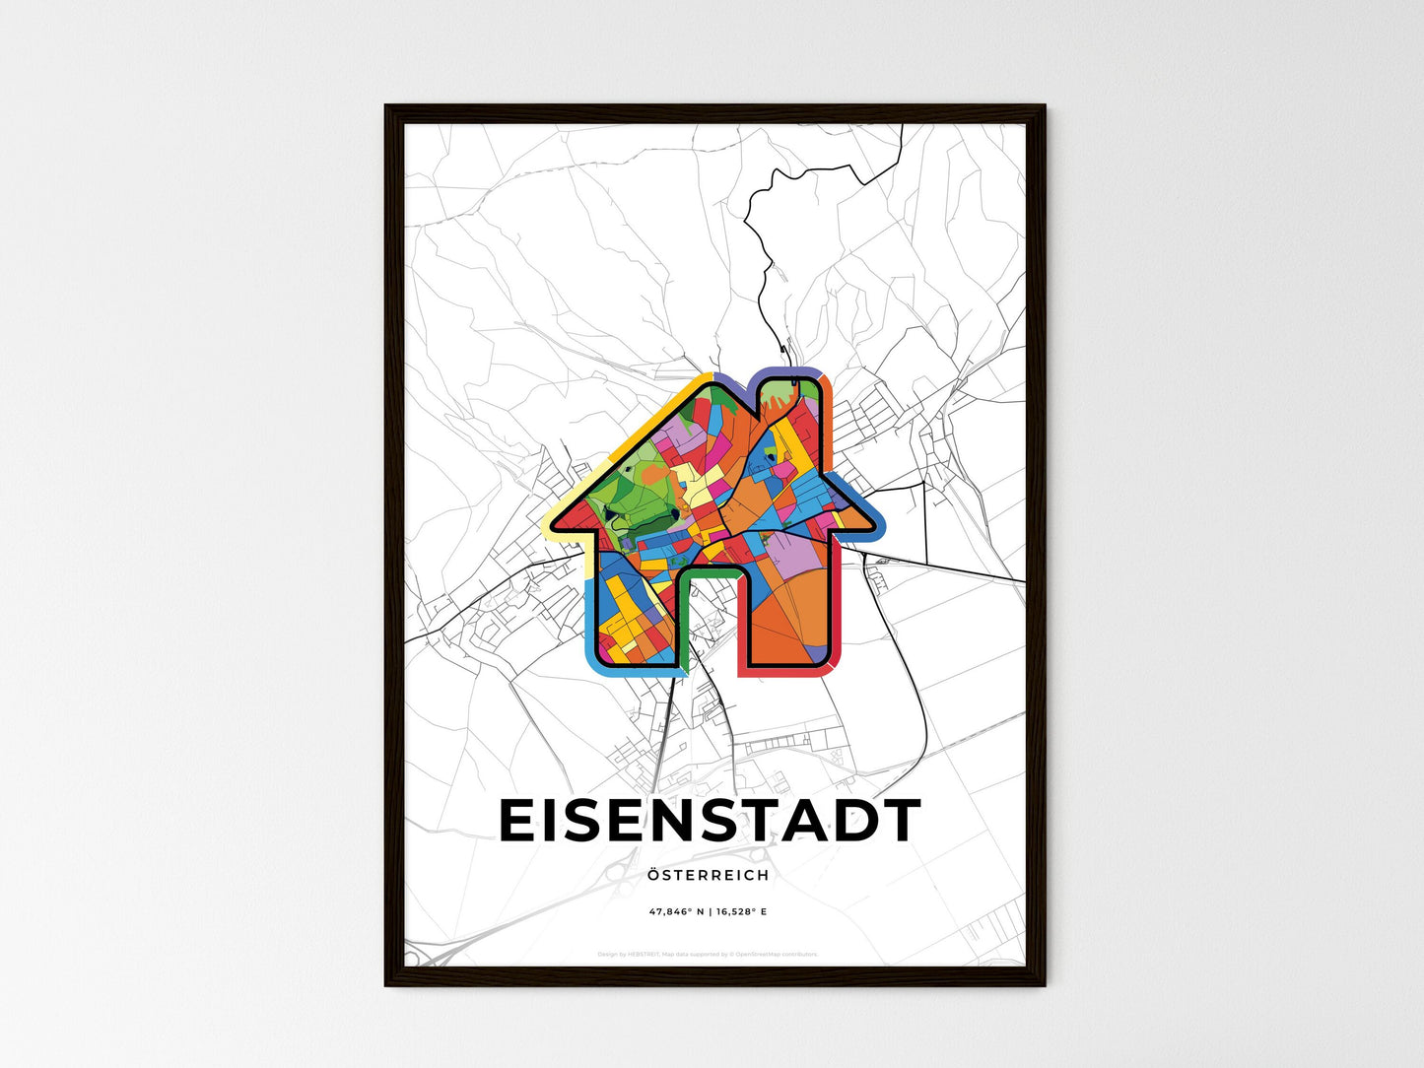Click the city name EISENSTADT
[x=710, y=822]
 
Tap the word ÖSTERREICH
[x=709, y=875]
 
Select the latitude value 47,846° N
[x=675, y=912]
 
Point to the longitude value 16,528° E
[x=740, y=912]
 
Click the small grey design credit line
[x=708, y=954]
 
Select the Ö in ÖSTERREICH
[x=654, y=874]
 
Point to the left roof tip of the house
[x=554, y=524]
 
